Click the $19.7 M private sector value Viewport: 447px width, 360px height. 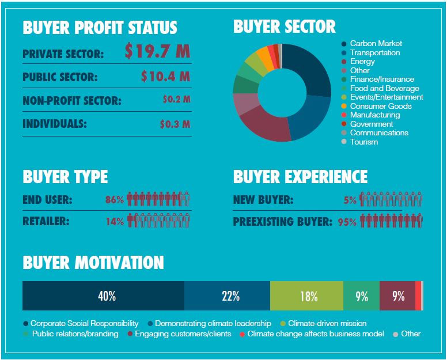[157, 52]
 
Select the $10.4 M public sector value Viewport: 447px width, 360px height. [165, 76]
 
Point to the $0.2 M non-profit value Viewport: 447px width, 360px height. [176, 100]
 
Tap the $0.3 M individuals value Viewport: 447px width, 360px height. [175, 124]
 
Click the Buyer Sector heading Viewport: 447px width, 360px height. [285, 26]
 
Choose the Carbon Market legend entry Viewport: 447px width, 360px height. [376, 44]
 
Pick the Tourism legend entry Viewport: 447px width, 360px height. [363, 142]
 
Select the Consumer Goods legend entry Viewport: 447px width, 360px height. [380, 106]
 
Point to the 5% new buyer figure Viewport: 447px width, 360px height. [350, 200]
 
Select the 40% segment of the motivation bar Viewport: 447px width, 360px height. [107, 296]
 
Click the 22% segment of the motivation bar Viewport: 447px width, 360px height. [230, 296]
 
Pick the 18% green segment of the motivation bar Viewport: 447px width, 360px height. [308, 296]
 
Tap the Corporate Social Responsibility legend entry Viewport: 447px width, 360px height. [84, 324]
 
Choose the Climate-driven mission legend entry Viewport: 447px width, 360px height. [327, 324]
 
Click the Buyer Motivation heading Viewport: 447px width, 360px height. [93, 263]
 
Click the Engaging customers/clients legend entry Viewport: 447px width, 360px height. [183, 334]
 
